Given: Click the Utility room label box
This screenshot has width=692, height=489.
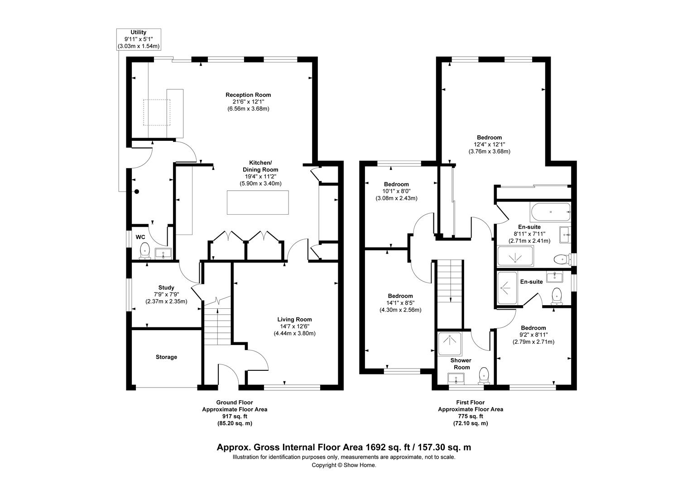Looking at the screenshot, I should [x=139, y=39].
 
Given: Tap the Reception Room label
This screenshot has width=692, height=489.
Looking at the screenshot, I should [x=248, y=95].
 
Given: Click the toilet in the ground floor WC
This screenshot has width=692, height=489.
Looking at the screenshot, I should [x=144, y=250].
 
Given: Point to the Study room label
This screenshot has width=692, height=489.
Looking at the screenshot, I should [x=166, y=288].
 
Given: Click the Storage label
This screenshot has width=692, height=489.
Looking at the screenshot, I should [x=166, y=357].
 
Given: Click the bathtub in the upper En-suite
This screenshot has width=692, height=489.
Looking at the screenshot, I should [x=550, y=211].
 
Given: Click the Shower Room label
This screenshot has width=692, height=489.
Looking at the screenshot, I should [x=461, y=364].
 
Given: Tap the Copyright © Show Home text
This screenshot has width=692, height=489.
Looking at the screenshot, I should [x=344, y=465].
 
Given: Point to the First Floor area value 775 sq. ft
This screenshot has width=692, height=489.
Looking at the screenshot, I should [x=470, y=416].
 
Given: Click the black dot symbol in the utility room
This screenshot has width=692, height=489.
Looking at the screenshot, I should [x=136, y=192].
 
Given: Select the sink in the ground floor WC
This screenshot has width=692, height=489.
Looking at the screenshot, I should [x=163, y=254].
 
